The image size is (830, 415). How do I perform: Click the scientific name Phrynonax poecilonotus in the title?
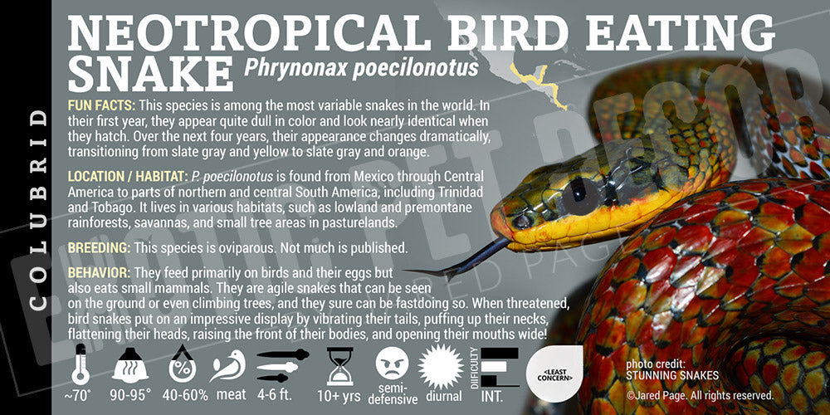[361, 67]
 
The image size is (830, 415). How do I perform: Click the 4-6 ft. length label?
[282, 395]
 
